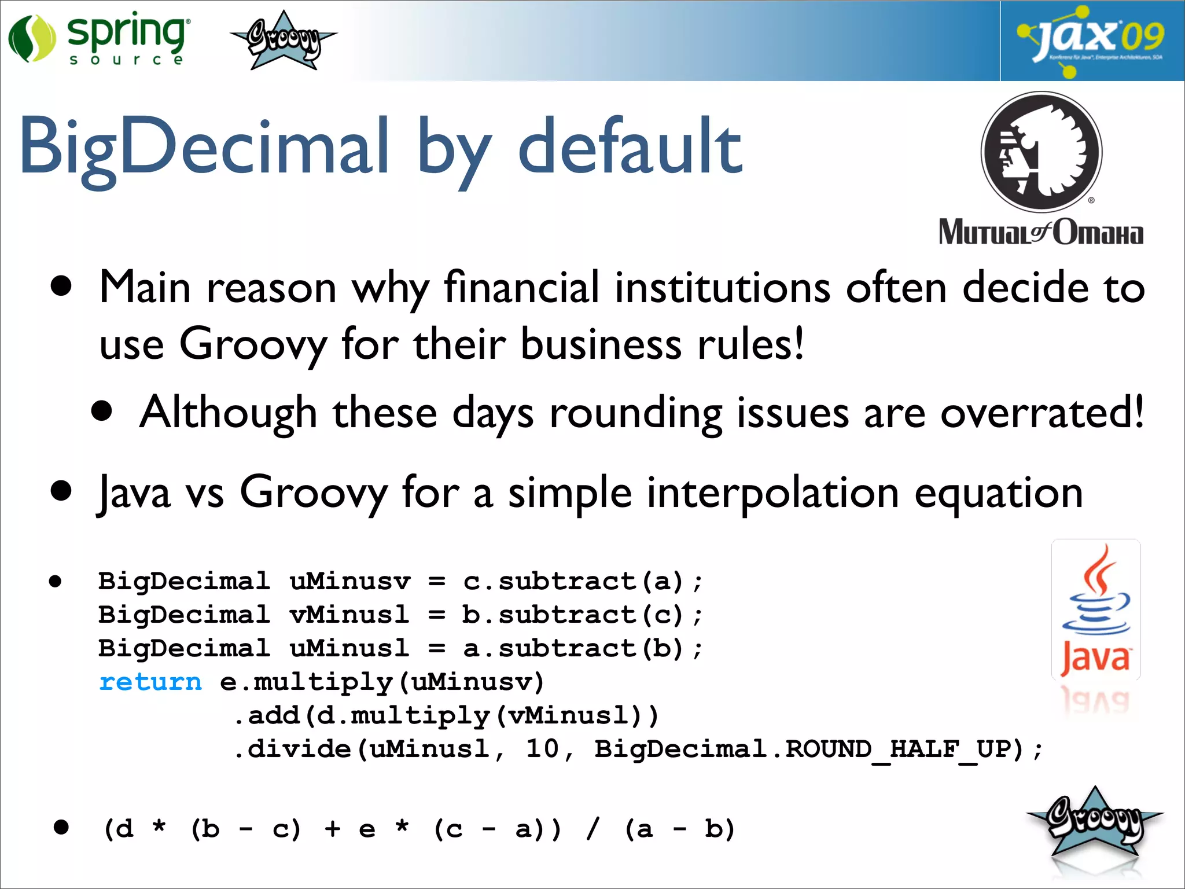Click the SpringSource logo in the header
click(98, 38)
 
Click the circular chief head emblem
click(1042, 152)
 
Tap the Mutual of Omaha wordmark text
click(1040, 233)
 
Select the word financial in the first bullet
click(521, 287)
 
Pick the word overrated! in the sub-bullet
click(1042, 413)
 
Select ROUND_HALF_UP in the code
click(904, 749)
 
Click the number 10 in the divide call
click(542, 749)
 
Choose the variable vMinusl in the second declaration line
click(349, 615)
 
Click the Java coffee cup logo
click(1095, 611)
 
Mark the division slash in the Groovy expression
click(592, 829)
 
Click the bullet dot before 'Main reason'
click(61, 286)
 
